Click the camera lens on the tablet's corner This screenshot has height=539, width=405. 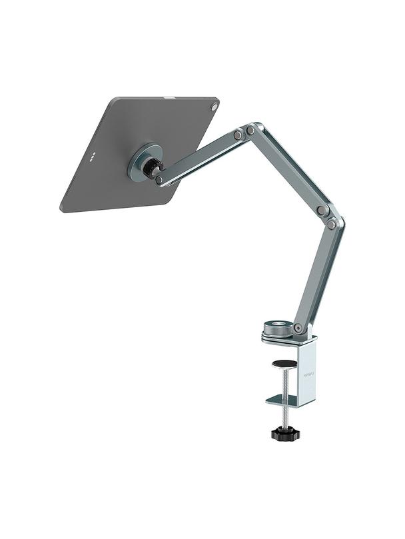[214, 107]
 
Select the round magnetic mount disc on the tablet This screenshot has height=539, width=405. [143, 162]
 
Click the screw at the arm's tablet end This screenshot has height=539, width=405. [159, 179]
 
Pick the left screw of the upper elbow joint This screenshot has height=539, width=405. [237, 135]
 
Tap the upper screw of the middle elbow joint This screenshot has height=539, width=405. [322, 211]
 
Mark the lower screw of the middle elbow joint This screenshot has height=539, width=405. [331, 225]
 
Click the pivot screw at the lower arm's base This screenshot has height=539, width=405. [298, 328]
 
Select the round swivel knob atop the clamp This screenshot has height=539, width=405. [275, 328]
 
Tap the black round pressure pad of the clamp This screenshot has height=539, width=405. [284, 363]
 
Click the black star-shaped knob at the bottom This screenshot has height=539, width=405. [285, 434]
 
